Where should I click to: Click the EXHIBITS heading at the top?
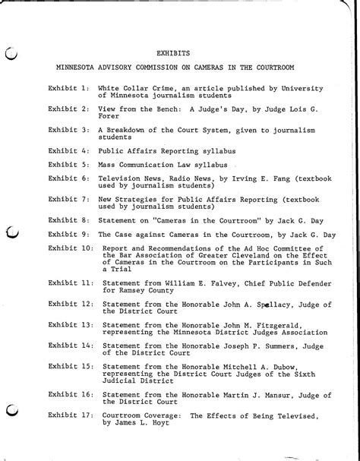(173, 54)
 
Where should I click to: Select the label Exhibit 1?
(69, 90)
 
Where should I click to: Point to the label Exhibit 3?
(69, 130)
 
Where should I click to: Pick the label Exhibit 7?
(69, 198)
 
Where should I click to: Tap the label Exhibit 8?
(69, 219)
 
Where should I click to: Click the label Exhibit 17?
(71, 416)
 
